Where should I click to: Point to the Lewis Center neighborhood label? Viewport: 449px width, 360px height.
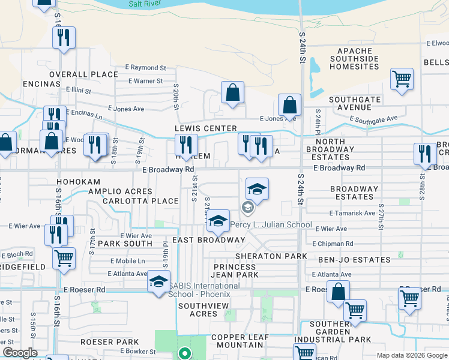coord(206,128)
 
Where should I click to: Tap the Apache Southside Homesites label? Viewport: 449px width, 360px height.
coord(358,59)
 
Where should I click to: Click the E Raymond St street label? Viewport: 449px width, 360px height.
coord(145,68)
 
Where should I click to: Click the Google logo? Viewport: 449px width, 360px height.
coord(20,353)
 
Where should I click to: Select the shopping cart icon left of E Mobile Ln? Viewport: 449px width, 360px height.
coord(64,257)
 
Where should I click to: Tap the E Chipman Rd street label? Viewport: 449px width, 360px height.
coord(332,244)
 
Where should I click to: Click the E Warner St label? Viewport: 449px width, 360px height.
coord(145,81)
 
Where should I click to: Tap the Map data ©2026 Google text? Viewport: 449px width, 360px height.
coord(411,355)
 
